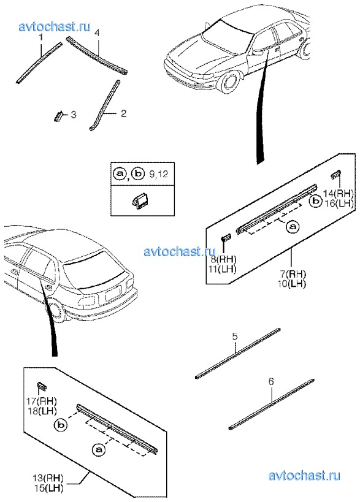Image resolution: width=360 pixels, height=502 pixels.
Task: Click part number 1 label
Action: pos(40,38)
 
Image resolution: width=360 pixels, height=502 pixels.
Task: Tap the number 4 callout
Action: pos(98,33)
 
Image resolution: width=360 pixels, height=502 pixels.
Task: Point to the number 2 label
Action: pos(124,113)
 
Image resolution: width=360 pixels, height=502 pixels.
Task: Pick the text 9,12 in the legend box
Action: pos(159,174)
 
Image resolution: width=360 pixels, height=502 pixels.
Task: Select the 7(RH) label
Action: pos(293,274)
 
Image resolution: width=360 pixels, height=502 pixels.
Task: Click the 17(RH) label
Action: pos(42,400)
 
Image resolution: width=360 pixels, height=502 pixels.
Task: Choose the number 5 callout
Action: pos(235,337)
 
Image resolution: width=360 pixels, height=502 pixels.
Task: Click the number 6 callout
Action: pos(271,382)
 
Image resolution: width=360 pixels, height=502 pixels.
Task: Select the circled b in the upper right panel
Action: pos(315,201)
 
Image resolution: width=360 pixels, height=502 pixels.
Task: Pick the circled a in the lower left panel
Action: pos(99,450)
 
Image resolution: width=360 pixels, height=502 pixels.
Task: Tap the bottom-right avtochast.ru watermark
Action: pos(304,476)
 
